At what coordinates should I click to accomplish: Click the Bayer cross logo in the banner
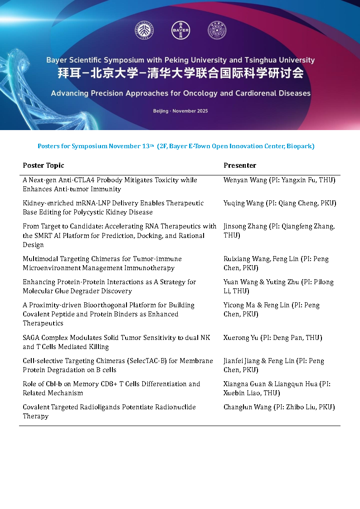(180, 31)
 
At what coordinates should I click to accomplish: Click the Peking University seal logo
(144, 31)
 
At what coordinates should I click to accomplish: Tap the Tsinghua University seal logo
(217, 31)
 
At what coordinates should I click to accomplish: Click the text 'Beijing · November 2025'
(180, 111)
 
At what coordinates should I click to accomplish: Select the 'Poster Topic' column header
(44, 165)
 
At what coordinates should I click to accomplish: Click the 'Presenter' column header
(240, 165)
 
